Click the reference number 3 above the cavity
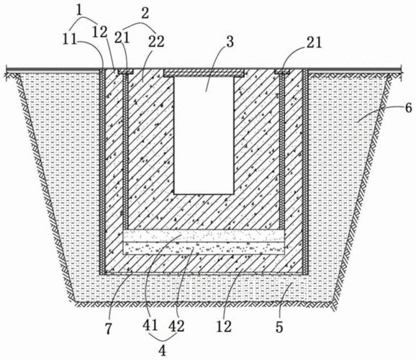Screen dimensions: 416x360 pyautogui.click(x=230, y=42)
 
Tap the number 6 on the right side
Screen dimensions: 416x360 pyautogui.click(x=409, y=108)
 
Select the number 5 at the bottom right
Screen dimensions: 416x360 pyautogui.click(x=279, y=327)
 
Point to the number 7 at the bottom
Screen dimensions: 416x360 pyautogui.click(x=108, y=329)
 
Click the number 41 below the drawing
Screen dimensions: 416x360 pyautogui.click(x=150, y=325)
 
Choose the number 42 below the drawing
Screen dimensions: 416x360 pyautogui.click(x=177, y=325)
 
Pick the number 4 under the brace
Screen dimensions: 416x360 pyautogui.click(x=162, y=350)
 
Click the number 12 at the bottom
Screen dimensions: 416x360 pyautogui.click(x=224, y=326)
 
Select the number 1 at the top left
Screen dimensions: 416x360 pyautogui.click(x=79, y=10)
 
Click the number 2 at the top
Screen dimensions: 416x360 pyautogui.click(x=145, y=13)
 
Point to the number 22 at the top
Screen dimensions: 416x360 pyautogui.click(x=156, y=42)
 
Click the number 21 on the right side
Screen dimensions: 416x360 pyautogui.click(x=314, y=42)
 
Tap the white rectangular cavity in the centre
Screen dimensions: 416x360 pyautogui.click(x=204, y=135)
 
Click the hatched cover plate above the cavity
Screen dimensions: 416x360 pyautogui.click(x=204, y=73)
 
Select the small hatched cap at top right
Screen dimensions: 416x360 pyautogui.click(x=283, y=71)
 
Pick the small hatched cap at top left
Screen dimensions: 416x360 pyautogui.click(x=125, y=71)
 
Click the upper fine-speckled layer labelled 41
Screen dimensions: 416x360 pyautogui.click(x=204, y=235)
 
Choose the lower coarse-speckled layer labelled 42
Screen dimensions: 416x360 pyautogui.click(x=204, y=248)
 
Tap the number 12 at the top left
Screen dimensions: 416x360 pyautogui.click(x=100, y=32)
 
